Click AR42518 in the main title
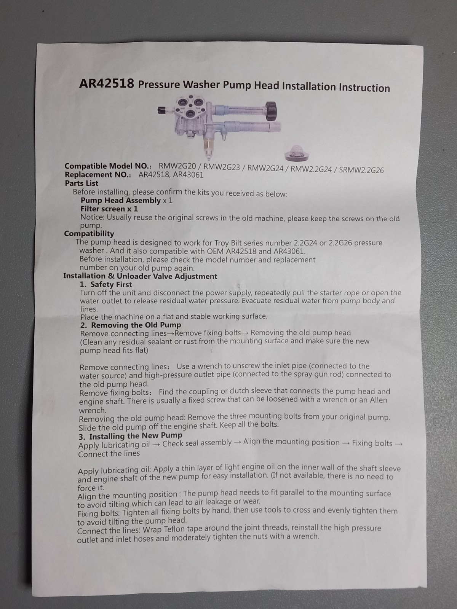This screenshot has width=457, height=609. click(x=106, y=83)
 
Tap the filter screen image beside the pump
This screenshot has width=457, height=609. click(x=297, y=153)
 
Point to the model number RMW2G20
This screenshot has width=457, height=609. click(x=177, y=166)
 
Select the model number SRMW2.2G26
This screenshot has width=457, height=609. click(x=361, y=170)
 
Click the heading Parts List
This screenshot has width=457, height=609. click(x=81, y=183)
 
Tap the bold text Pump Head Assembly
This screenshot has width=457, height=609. click(x=121, y=200)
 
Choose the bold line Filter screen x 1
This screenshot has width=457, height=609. click(x=109, y=209)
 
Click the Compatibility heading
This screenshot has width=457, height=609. click(x=89, y=234)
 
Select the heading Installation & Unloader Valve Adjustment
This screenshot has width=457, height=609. click(x=140, y=276)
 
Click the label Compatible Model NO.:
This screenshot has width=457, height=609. click(x=108, y=166)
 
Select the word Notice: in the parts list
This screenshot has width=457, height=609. click(x=93, y=217)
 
